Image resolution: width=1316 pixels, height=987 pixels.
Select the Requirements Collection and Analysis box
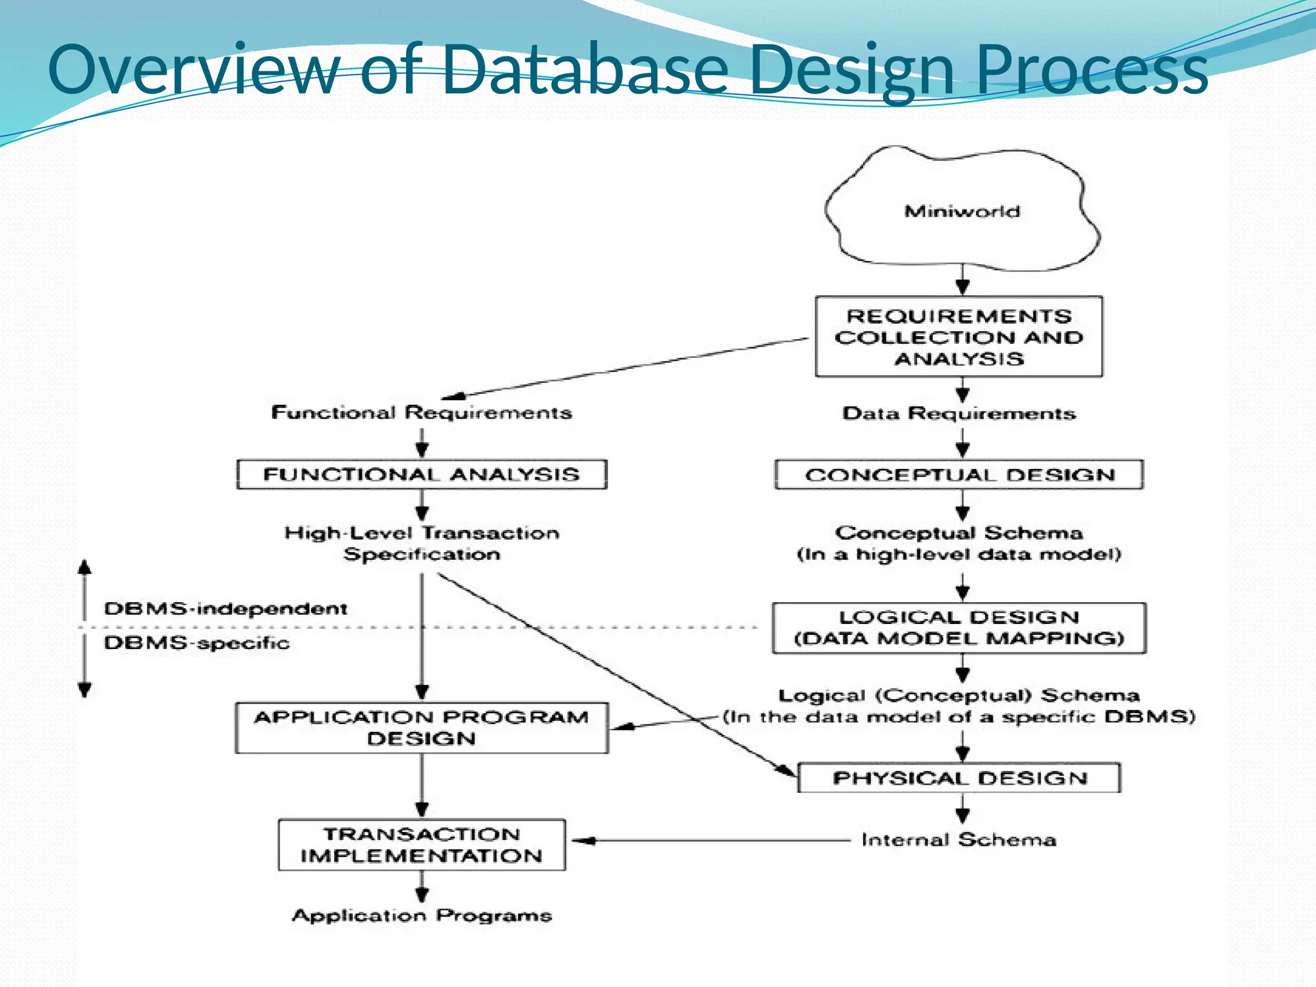[x=959, y=337]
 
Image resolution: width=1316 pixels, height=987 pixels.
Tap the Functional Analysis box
[x=422, y=474]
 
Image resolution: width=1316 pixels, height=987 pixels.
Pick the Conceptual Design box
[x=959, y=475]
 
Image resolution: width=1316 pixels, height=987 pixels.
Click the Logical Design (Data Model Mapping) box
[x=959, y=628]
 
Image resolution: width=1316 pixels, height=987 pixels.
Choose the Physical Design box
[x=959, y=778]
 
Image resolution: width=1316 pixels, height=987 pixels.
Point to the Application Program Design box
[x=422, y=728]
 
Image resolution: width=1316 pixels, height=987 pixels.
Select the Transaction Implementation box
[x=422, y=845]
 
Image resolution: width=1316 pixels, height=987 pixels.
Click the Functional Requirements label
[x=422, y=413]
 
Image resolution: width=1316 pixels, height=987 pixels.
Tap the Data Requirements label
[x=959, y=413]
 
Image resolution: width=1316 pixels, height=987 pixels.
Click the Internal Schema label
[x=959, y=840]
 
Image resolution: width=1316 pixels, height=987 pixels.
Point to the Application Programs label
[x=422, y=915]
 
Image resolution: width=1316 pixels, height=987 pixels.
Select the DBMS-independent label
[x=226, y=609]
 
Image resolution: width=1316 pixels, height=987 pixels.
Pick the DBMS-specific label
[x=197, y=643]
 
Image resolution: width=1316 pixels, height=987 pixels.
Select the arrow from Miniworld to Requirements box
[x=962, y=280]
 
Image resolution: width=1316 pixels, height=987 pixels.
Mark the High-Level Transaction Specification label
[x=422, y=544]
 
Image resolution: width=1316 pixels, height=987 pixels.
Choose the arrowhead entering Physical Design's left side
[x=787, y=770]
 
